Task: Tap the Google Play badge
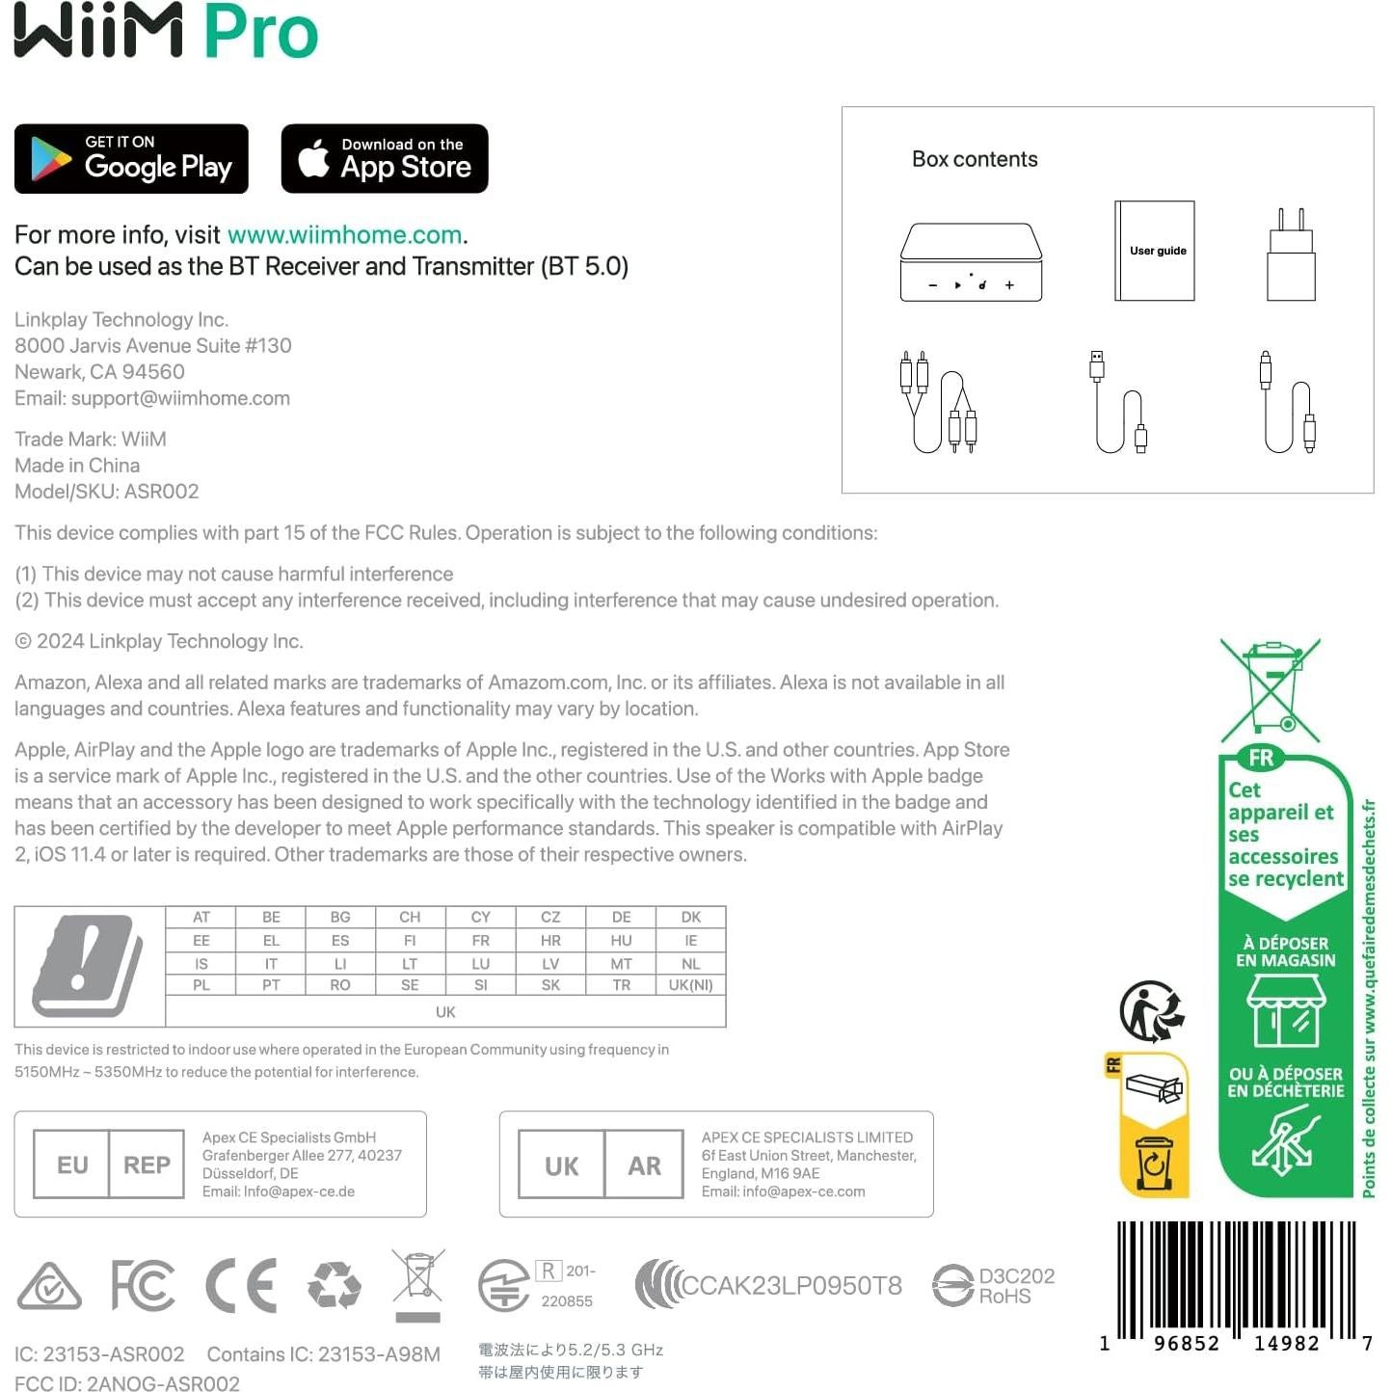click(x=131, y=159)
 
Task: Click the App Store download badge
click(x=385, y=159)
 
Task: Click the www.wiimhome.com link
click(x=344, y=235)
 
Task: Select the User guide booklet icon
click(x=1155, y=251)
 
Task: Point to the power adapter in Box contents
click(x=1291, y=256)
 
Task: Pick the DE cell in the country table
click(x=621, y=917)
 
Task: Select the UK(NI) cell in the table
click(x=690, y=985)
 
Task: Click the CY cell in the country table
click(x=480, y=917)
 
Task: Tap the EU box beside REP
click(x=72, y=1164)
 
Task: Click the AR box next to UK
click(x=644, y=1165)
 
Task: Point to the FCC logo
click(x=143, y=1285)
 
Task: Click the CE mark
click(x=242, y=1285)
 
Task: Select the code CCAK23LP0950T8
click(x=790, y=1285)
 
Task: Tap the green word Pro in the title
click(x=260, y=32)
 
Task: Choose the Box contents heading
click(x=975, y=159)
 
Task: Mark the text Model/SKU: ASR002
click(x=107, y=492)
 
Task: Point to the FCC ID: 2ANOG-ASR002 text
click(x=127, y=1383)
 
